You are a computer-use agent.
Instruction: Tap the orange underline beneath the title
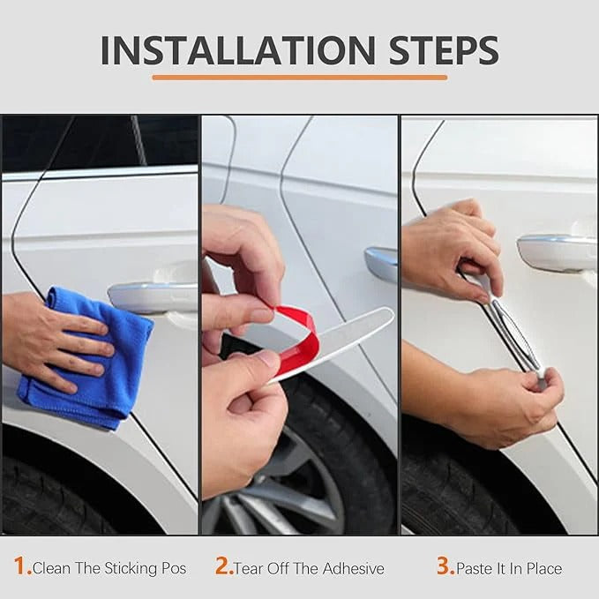(x=299, y=78)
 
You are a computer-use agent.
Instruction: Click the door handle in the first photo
(x=150, y=296)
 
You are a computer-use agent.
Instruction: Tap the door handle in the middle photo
(x=382, y=264)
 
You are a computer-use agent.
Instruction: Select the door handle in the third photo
(x=556, y=251)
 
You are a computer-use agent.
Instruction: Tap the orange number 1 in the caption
(x=22, y=566)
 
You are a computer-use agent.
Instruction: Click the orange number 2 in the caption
(x=223, y=566)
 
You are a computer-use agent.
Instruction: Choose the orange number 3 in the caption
(x=445, y=566)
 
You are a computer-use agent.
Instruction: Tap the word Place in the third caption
(x=543, y=568)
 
